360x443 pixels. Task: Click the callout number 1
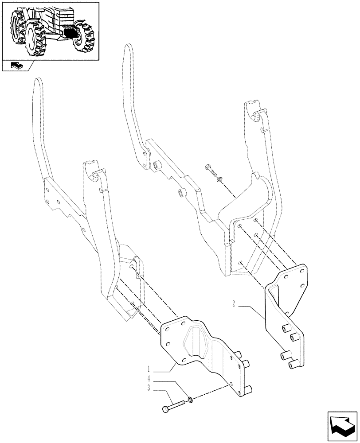[149, 369]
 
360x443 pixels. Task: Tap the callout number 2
[233, 304]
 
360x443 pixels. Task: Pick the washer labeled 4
[190, 400]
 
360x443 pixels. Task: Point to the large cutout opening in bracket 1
[197, 341]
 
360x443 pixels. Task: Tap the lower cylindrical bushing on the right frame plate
[181, 192]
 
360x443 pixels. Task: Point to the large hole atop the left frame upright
[95, 177]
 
